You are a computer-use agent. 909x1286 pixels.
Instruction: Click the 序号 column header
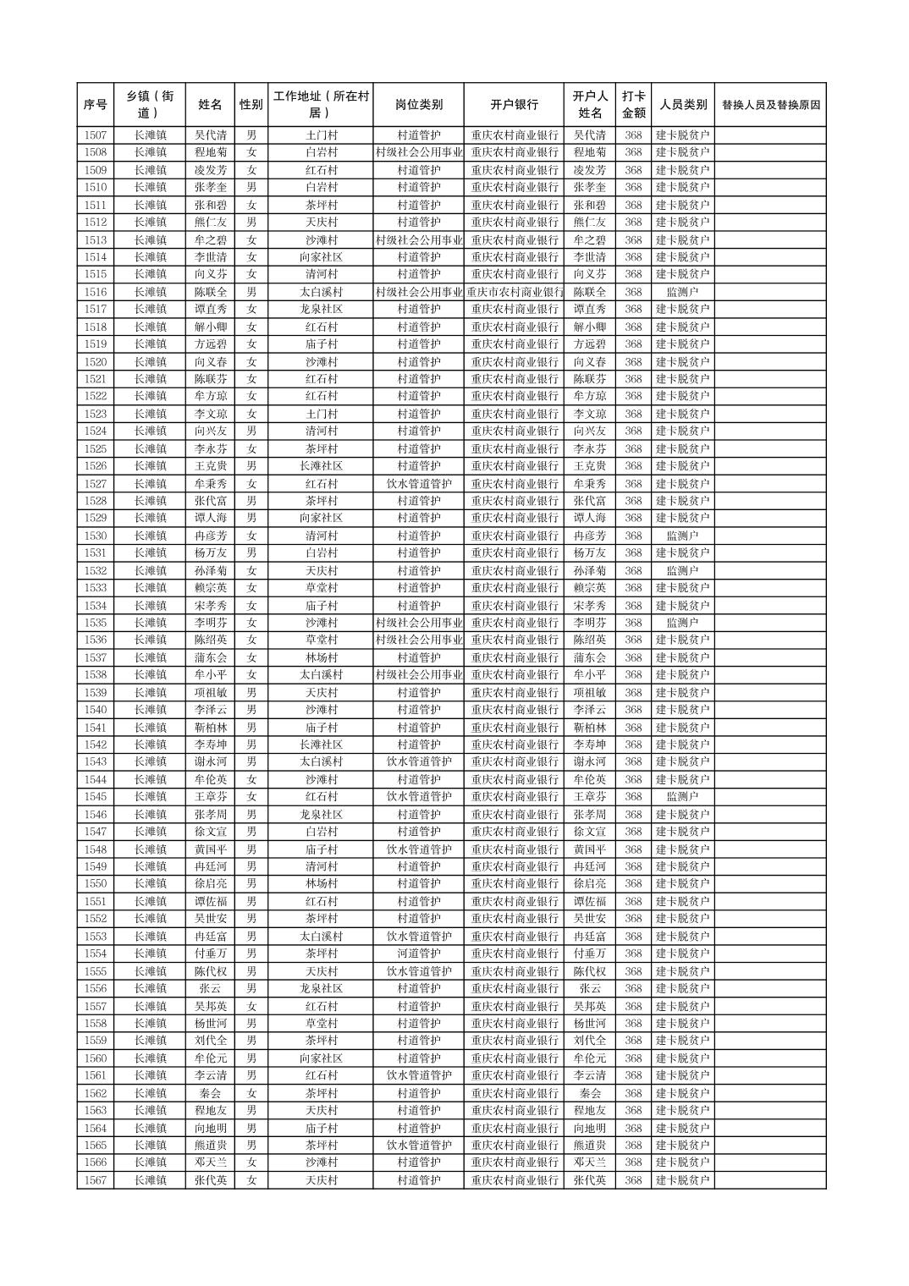(96, 105)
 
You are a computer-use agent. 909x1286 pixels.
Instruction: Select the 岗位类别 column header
(418, 105)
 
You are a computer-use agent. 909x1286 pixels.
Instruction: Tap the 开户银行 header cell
(514, 105)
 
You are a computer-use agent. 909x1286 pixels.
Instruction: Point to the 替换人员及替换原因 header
(770, 105)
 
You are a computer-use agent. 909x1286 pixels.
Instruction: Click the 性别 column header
(251, 105)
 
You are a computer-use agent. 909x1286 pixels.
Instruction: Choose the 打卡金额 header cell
(633, 105)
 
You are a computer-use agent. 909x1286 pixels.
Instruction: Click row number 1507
(96, 135)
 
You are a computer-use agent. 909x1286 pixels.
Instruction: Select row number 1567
(96, 1180)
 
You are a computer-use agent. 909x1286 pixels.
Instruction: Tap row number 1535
(96, 623)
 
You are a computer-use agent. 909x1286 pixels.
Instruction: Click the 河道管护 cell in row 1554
(418, 954)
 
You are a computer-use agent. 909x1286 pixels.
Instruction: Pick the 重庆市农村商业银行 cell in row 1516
(514, 292)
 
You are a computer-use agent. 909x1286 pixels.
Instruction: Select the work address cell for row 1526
(321, 466)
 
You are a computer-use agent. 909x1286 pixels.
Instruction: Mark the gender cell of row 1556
(251, 988)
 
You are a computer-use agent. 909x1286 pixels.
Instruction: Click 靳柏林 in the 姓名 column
(210, 728)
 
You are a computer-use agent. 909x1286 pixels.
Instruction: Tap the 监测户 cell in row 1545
(682, 797)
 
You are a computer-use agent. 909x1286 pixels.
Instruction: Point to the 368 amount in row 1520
(633, 361)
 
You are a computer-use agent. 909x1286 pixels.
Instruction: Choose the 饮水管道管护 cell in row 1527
(418, 484)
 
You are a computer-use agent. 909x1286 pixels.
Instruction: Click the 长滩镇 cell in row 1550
(150, 884)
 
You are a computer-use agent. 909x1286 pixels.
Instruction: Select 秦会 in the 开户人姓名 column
(590, 1093)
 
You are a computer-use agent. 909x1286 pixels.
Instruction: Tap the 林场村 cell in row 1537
(321, 657)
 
